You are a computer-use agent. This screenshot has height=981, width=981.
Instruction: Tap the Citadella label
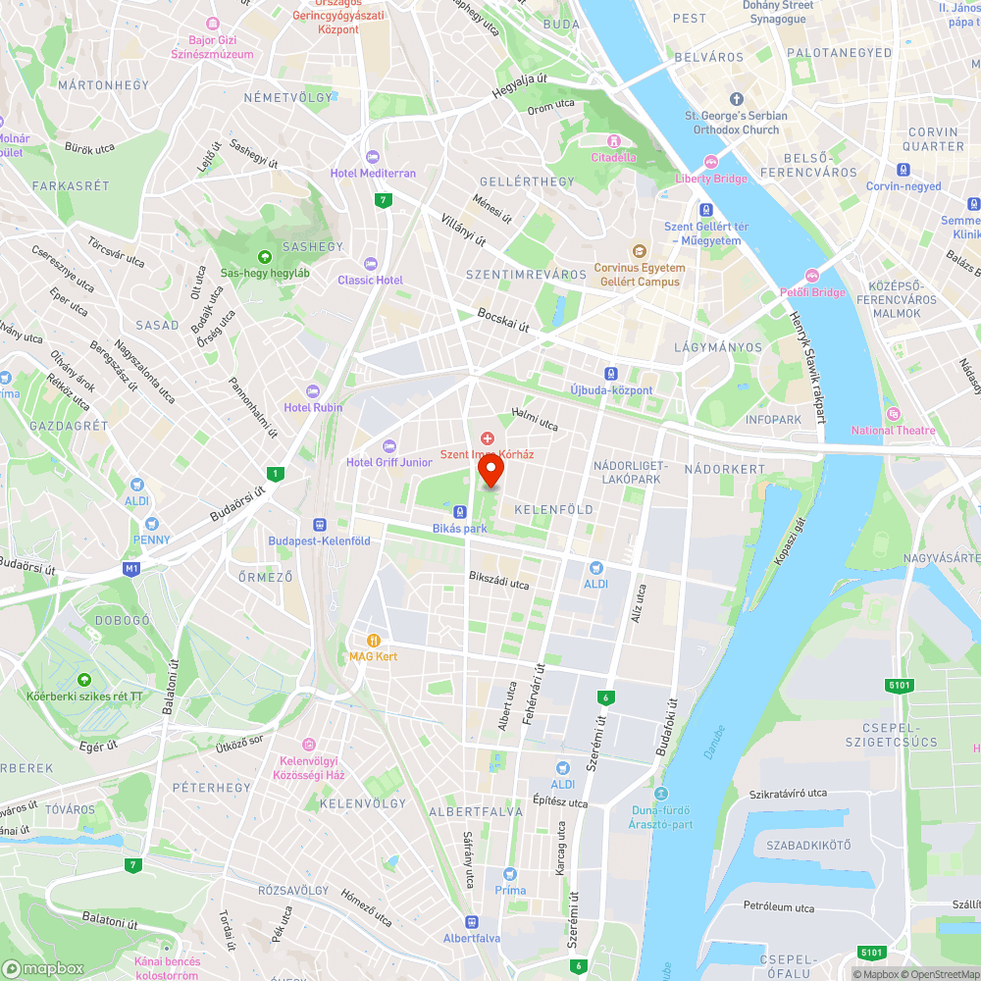click(614, 157)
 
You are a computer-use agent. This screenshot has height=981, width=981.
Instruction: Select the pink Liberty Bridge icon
click(711, 162)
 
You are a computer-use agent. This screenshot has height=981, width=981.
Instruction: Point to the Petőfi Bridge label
click(812, 292)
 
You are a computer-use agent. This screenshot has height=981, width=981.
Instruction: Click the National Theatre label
click(893, 431)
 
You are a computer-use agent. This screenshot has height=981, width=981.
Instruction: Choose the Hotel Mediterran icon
click(372, 157)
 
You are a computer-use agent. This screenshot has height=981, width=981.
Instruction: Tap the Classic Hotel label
click(370, 280)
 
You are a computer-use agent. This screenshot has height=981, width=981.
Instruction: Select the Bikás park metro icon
click(459, 511)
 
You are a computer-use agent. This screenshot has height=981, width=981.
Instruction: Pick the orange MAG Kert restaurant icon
click(373, 640)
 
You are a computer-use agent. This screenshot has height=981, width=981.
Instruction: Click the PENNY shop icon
click(151, 524)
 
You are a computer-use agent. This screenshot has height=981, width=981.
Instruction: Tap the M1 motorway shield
click(131, 568)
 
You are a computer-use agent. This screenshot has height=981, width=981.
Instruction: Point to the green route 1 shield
click(277, 474)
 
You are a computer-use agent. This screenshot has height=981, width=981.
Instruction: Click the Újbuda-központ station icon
click(611, 374)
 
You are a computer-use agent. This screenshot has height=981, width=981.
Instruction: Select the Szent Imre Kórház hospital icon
click(488, 438)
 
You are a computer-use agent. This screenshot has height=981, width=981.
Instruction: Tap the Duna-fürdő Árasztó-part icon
click(660, 794)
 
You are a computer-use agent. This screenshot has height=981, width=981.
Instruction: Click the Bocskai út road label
click(503, 320)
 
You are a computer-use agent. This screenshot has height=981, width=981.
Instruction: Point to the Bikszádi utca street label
click(498, 580)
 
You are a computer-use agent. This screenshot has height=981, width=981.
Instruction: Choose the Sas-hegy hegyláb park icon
click(264, 257)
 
